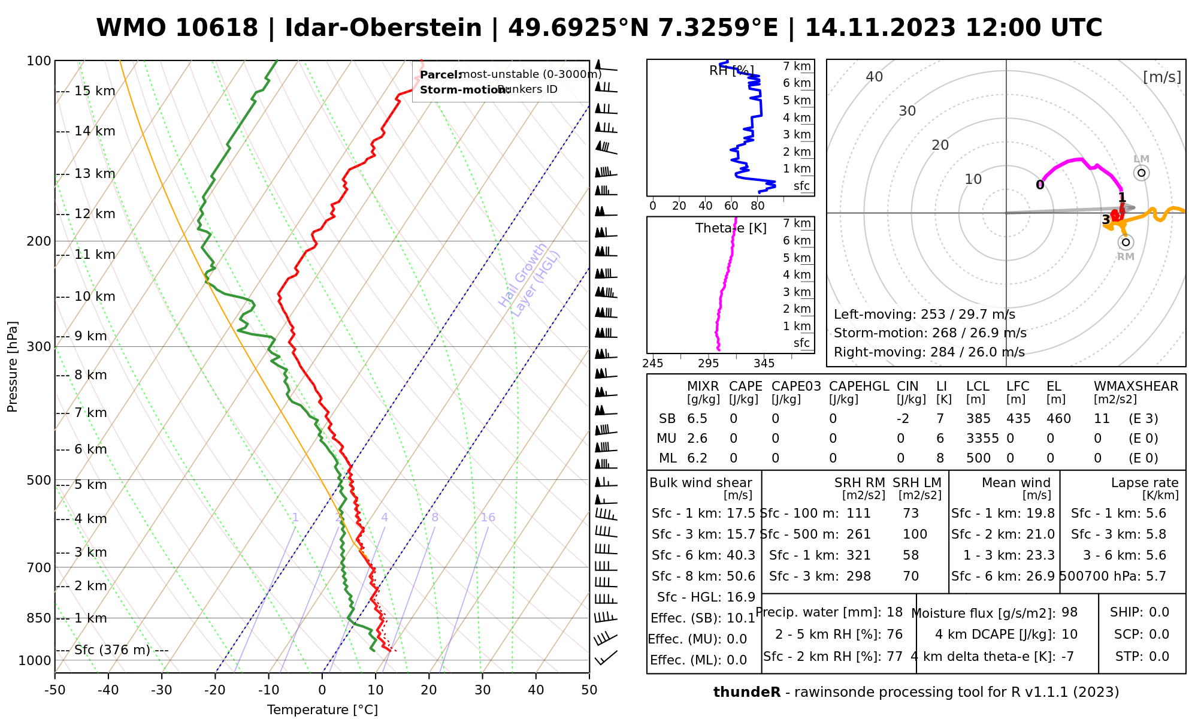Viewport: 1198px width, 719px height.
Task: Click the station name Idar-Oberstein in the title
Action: coord(383,28)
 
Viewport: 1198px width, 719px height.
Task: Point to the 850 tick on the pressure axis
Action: coord(40,618)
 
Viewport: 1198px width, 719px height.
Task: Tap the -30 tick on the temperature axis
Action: coord(162,690)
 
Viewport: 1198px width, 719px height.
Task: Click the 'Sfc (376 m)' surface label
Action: coord(113,650)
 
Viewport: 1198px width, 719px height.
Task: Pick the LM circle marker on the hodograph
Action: coord(1142,173)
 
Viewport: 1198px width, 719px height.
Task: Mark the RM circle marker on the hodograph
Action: coord(1126,242)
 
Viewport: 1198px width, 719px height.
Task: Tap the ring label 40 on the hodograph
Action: coord(875,77)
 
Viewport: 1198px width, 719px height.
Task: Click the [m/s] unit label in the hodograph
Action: coord(1162,77)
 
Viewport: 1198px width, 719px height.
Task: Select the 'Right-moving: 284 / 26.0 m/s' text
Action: coord(929,352)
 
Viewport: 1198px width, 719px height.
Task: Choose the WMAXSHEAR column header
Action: coord(1136,386)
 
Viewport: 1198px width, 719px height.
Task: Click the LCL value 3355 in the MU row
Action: coord(982,439)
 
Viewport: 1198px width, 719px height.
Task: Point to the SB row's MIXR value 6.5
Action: coord(697,419)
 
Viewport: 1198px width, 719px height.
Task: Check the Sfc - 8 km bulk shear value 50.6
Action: coord(741,576)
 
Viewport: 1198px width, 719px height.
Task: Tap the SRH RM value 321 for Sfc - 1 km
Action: coord(858,555)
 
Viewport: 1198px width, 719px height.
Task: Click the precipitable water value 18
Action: coord(894,612)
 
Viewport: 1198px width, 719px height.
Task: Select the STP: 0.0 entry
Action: coord(1142,657)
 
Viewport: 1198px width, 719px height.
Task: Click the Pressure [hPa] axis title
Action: coord(13,367)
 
